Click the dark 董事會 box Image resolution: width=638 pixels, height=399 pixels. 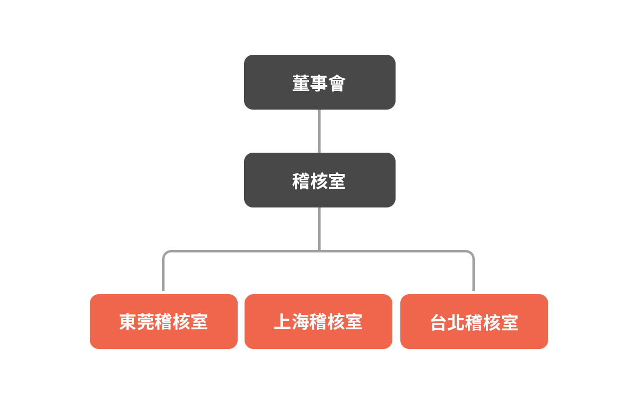(320, 82)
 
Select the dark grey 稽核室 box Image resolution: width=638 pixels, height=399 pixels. (320, 180)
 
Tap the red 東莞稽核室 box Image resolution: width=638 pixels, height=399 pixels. (164, 321)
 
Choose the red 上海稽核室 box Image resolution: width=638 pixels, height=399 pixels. (318, 321)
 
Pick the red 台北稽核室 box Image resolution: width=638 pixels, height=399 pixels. (474, 321)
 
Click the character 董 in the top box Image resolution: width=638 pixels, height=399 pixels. (301, 83)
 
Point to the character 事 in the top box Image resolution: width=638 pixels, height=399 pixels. (319, 83)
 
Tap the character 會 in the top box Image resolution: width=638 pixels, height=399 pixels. (337, 83)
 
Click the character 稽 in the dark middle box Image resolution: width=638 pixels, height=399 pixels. (301, 181)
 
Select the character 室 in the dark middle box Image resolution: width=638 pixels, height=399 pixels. (337, 181)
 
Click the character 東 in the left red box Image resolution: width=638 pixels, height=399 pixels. (128, 322)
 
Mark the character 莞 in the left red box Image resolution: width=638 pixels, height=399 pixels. (146, 322)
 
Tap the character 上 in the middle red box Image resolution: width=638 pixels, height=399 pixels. (282, 321)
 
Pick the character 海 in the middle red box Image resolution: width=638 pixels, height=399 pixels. (300, 321)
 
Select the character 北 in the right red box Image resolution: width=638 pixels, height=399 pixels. (456, 322)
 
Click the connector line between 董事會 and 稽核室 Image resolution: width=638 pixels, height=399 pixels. (320, 131)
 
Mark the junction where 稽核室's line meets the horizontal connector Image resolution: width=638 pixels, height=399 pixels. (320, 251)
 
